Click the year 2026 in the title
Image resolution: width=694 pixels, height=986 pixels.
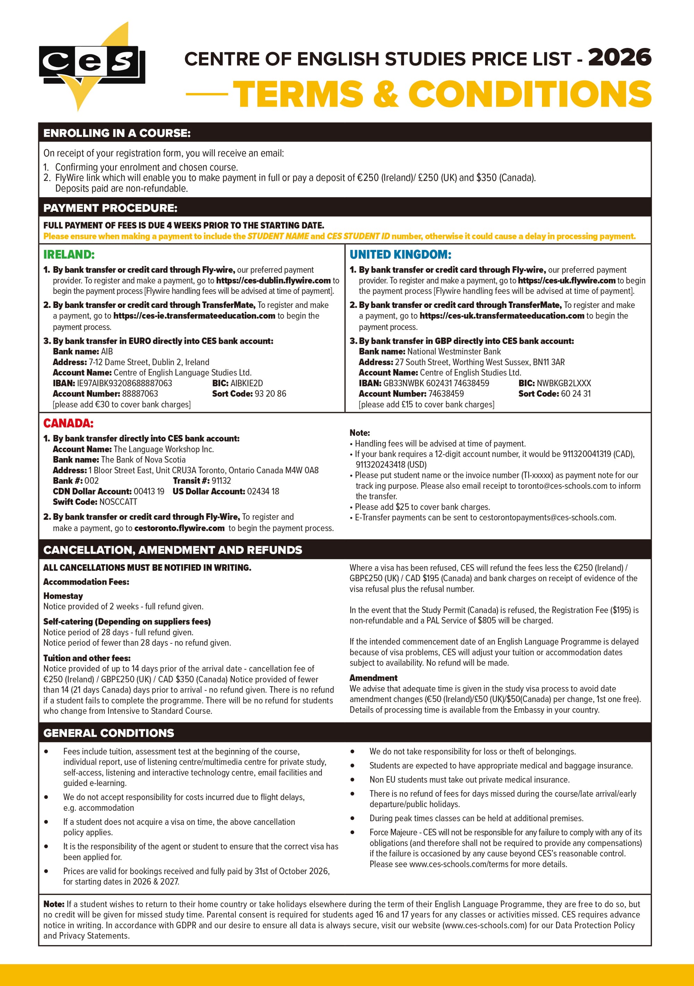pyautogui.click(x=619, y=58)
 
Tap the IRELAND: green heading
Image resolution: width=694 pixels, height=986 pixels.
pyautogui.click(x=69, y=255)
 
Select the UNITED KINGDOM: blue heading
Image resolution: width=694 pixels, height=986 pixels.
pyautogui.click(x=400, y=255)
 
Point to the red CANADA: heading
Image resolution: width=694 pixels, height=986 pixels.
pyautogui.click(x=68, y=424)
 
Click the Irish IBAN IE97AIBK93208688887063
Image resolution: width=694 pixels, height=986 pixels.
pyautogui.click(x=124, y=383)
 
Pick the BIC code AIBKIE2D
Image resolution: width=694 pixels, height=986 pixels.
pyautogui.click(x=246, y=383)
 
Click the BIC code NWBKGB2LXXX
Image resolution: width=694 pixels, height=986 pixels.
pyautogui.click(x=564, y=383)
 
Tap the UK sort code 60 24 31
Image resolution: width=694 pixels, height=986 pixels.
pyautogui.click(x=576, y=393)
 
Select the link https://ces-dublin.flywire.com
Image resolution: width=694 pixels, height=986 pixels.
pyautogui.click(x=273, y=281)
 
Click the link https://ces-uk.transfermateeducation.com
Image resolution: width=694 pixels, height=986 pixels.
pyautogui.click(x=502, y=316)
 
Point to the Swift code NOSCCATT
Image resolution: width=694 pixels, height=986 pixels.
pyautogui.click(x=118, y=502)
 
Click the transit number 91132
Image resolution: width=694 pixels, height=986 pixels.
pyautogui.click(x=221, y=481)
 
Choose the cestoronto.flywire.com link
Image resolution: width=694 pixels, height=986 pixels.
pyautogui.click(x=179, y=528)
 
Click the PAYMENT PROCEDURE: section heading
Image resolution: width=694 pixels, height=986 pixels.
pyautogui.click(x=110, y=208)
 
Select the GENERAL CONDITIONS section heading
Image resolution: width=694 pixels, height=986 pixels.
pyautogui.click(x=109, y=733)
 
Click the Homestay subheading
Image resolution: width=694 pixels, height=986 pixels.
pyautogui.click(x=63, y=596)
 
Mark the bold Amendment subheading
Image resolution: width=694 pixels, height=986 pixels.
pyautogui.click(x=373, y=678)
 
